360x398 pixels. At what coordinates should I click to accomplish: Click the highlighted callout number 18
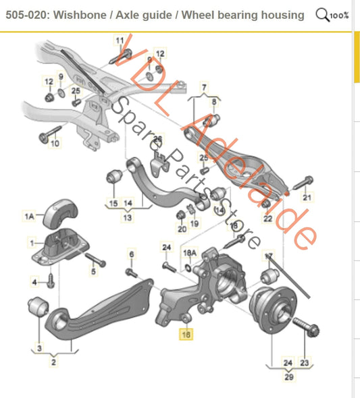184,333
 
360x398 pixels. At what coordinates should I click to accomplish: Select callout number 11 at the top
120,41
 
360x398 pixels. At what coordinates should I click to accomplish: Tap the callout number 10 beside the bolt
55,143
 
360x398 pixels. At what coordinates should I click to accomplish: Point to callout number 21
307,198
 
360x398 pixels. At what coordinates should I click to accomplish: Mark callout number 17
269,256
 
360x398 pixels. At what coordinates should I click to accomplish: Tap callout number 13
127,218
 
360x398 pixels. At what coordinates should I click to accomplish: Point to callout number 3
39,348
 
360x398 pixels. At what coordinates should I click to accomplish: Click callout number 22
267,219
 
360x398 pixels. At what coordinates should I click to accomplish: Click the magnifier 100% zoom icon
332,15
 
